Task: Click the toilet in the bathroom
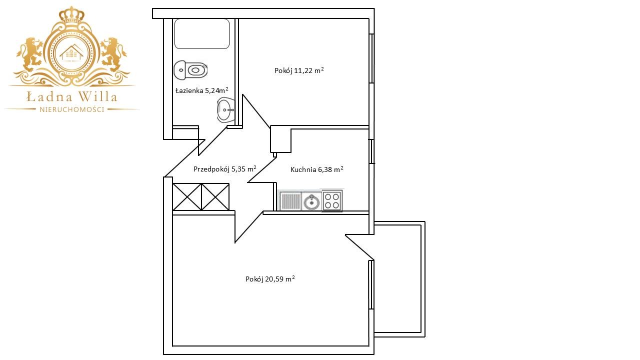(x=190, y=69)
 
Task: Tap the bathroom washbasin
(x=225, y=109)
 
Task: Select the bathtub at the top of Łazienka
(x=202, y=33)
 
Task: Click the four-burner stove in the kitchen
(x=332, y=200)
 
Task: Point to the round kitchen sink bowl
(x=311, y=202)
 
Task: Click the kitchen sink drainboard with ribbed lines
(x=290, y=201)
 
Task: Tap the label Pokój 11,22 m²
(x=299, y=70)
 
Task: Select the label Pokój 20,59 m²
(x=270, y=279)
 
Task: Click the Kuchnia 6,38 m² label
(x=317, y=169)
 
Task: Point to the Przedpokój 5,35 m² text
(x=225, y=169)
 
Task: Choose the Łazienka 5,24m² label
(x=201, y=90)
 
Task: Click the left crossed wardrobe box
(x=187, y=197)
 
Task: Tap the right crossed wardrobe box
(x=215, y=197)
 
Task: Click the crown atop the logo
(x=71, y=14)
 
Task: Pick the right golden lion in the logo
(x=113, y=54)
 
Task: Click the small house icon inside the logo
(x=71, y=53)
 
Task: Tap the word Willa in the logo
(x=97, y=97)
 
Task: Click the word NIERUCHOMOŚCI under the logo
(x=71, y=109)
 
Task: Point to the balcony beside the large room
(x=399, y=279)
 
